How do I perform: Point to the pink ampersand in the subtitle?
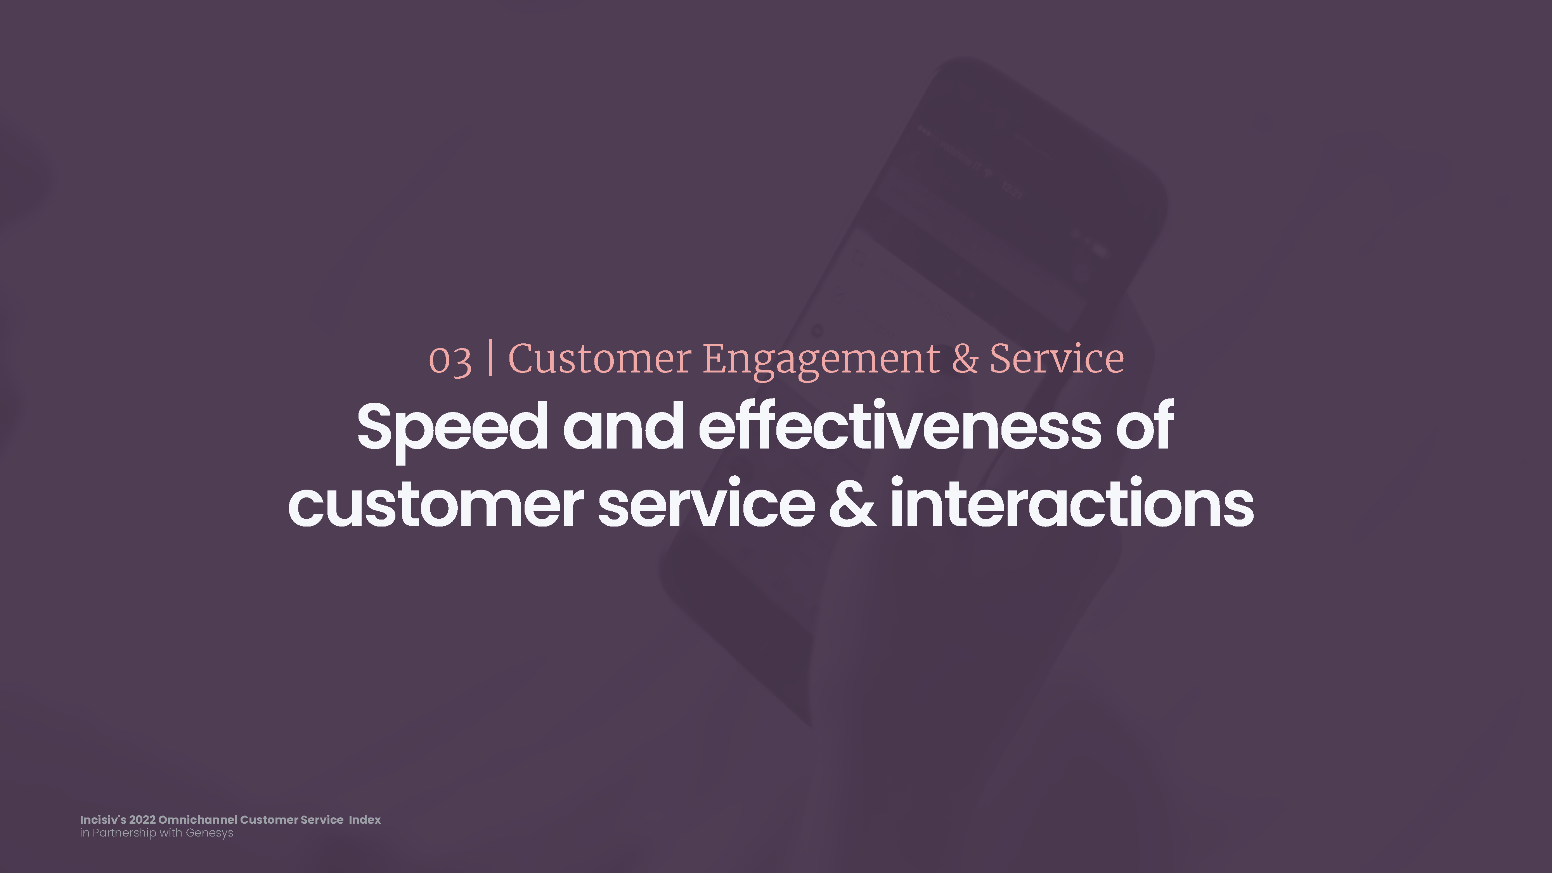click(965, 359)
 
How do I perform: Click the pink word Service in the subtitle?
click(1057, 359)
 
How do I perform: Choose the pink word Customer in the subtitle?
click(599, 359)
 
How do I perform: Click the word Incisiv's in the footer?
click(103, 819)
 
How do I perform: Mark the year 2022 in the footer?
click(142, 819)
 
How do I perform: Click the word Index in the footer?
click(365, 819)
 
